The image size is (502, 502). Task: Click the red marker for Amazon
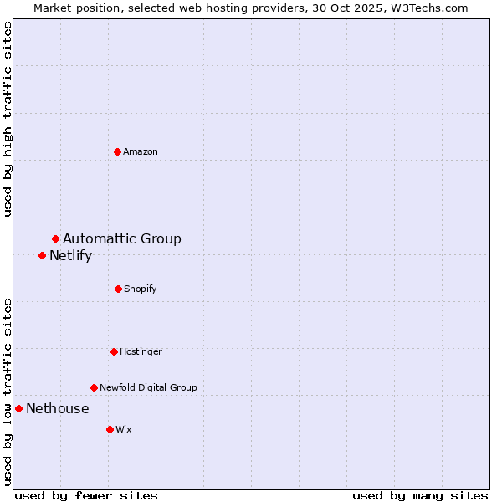click(x=118, y=151)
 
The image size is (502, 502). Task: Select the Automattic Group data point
click(x=55, y=239)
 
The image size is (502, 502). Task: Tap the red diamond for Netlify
click(x=42, y=255)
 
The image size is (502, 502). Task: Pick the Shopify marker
click(x=118, y=289)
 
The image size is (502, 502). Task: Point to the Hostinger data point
click(x=114, y=351)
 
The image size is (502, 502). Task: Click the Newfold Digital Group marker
click(x=94, y=387)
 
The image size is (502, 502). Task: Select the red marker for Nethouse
click(x=18, y=408)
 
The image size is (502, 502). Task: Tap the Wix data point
click(x=110, y=429)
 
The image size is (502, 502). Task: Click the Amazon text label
click(x=141, y=151)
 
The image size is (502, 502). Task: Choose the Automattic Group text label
click(x=122, y=239)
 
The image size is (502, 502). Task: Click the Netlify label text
click(x=70, y=256)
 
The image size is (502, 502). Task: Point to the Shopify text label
click(x=141, y=289)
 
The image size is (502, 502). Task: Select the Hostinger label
click(x=141, y=351)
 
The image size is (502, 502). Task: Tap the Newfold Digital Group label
click(x=148, y=387)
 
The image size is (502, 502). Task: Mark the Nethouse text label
click(x=57, y=408)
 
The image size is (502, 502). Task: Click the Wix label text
click(x=124, y=429)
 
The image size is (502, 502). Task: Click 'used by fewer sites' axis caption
click(x=86, y=495)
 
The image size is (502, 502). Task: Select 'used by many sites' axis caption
click(x=420, y=495)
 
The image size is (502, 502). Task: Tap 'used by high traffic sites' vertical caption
click(x=8, y=119)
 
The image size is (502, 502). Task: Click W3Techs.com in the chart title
click(x=430, y=8)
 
